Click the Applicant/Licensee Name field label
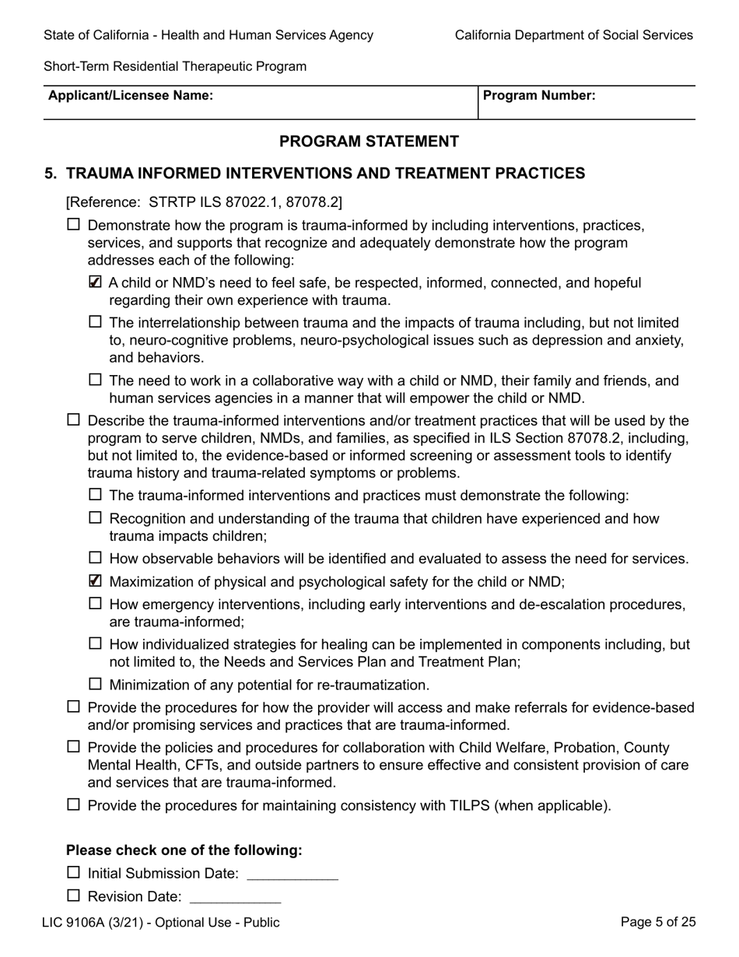pyautogui.click(x=131, y=96)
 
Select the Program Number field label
pyautogui.click(x=539, y=96)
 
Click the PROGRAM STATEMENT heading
pyautogui.click(x=369, y=142)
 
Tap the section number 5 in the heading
pyautogui.click(x=51, y=174)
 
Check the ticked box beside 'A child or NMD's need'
pyautogui.click(x=96, y=283)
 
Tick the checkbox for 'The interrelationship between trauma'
pyautogui.click(x=96, y=321)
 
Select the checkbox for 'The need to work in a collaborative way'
pyautogui.click(x=96, y=380)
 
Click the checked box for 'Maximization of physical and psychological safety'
pyautogui.click(x=96, y=580)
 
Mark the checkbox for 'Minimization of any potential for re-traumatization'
pyautogui.click(x=96, y=684)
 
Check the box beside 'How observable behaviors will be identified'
pyautogui.click(x=96, y=557)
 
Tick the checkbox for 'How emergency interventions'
pyautogui.click(x=96, y=603)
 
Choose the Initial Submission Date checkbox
pyautogui.click(x=74, y=873)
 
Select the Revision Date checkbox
pyautogui.click(x=74, y=896)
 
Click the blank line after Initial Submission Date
pyautogui.click(x=292, y=875)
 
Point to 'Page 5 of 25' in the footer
pyautogui.click(x=658, y=923)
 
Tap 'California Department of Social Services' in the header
pyautogui.click(x=573, y=35)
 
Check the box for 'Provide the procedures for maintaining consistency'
pyautogui.click(x=74, y=805)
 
